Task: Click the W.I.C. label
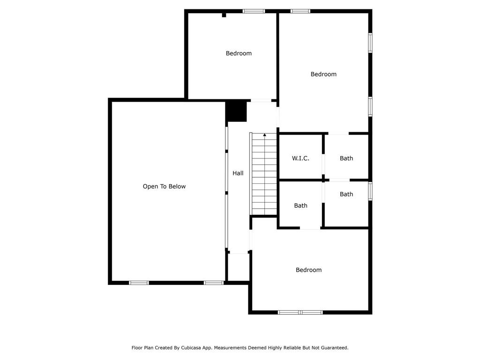300,158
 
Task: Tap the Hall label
238,173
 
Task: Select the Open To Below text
164,187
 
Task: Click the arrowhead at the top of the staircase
265,135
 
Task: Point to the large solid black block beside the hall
236,111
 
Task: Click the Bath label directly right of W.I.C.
346,158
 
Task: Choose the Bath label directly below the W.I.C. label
300,206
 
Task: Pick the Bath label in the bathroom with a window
346,194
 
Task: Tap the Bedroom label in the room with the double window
308,270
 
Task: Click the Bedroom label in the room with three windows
323,74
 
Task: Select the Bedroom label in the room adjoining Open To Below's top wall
239,53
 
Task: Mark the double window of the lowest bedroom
300,312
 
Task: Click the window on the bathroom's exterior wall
370,191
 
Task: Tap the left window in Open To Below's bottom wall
139,283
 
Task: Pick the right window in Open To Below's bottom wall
213,283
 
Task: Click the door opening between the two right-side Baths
339,180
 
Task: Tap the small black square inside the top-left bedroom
224,15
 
